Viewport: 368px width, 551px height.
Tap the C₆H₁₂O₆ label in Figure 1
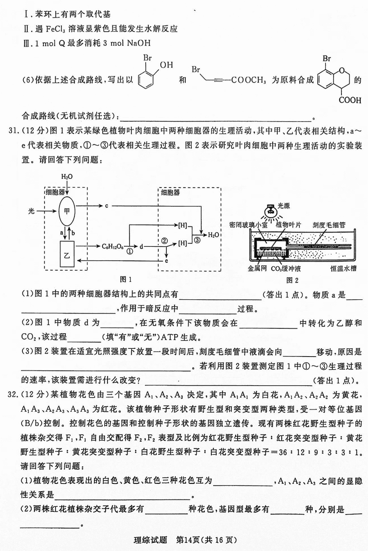112,246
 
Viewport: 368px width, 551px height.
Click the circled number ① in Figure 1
130,251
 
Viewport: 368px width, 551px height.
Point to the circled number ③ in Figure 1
197,240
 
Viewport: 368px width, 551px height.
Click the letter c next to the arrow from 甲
107,205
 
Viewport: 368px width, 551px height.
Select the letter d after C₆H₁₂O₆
141,246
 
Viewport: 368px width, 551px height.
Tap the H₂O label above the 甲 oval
67,176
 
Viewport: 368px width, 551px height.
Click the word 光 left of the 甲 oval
31,211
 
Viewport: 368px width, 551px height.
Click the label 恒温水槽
343,269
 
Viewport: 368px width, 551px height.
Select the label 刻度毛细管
329,225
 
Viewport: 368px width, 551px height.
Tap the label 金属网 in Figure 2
257,269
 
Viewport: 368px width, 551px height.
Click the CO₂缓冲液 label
286,269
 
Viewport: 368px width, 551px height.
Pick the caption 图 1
126,280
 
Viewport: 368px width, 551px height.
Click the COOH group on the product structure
350,100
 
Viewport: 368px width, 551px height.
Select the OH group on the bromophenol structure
166,65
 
